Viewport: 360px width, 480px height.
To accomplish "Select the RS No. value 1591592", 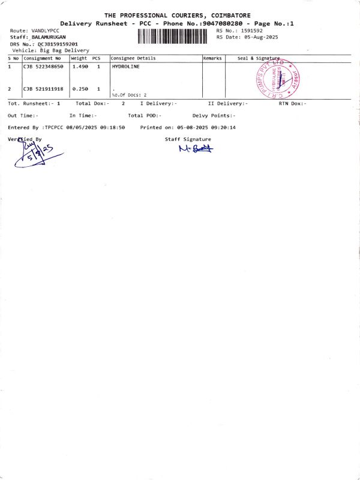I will (x=251, y=30).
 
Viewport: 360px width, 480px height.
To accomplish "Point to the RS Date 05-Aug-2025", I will (x=257, y=37).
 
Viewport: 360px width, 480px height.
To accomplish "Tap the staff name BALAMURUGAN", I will (x=49, y=37).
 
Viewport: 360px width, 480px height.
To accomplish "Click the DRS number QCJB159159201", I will (x=58, y=44).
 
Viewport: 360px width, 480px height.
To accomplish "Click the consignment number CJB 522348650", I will (x=43, y=67).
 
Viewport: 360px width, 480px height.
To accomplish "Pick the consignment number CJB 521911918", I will (x=43, y=89).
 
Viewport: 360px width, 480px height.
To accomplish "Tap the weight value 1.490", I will (x=80, y=67).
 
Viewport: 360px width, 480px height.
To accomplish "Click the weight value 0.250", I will (x=80, y=89).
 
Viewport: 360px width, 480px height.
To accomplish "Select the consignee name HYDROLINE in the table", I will (x=125, y=67).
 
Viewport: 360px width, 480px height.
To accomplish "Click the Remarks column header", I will (x=213, y=58).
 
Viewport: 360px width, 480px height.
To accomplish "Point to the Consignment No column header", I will (x=43, y=58).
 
